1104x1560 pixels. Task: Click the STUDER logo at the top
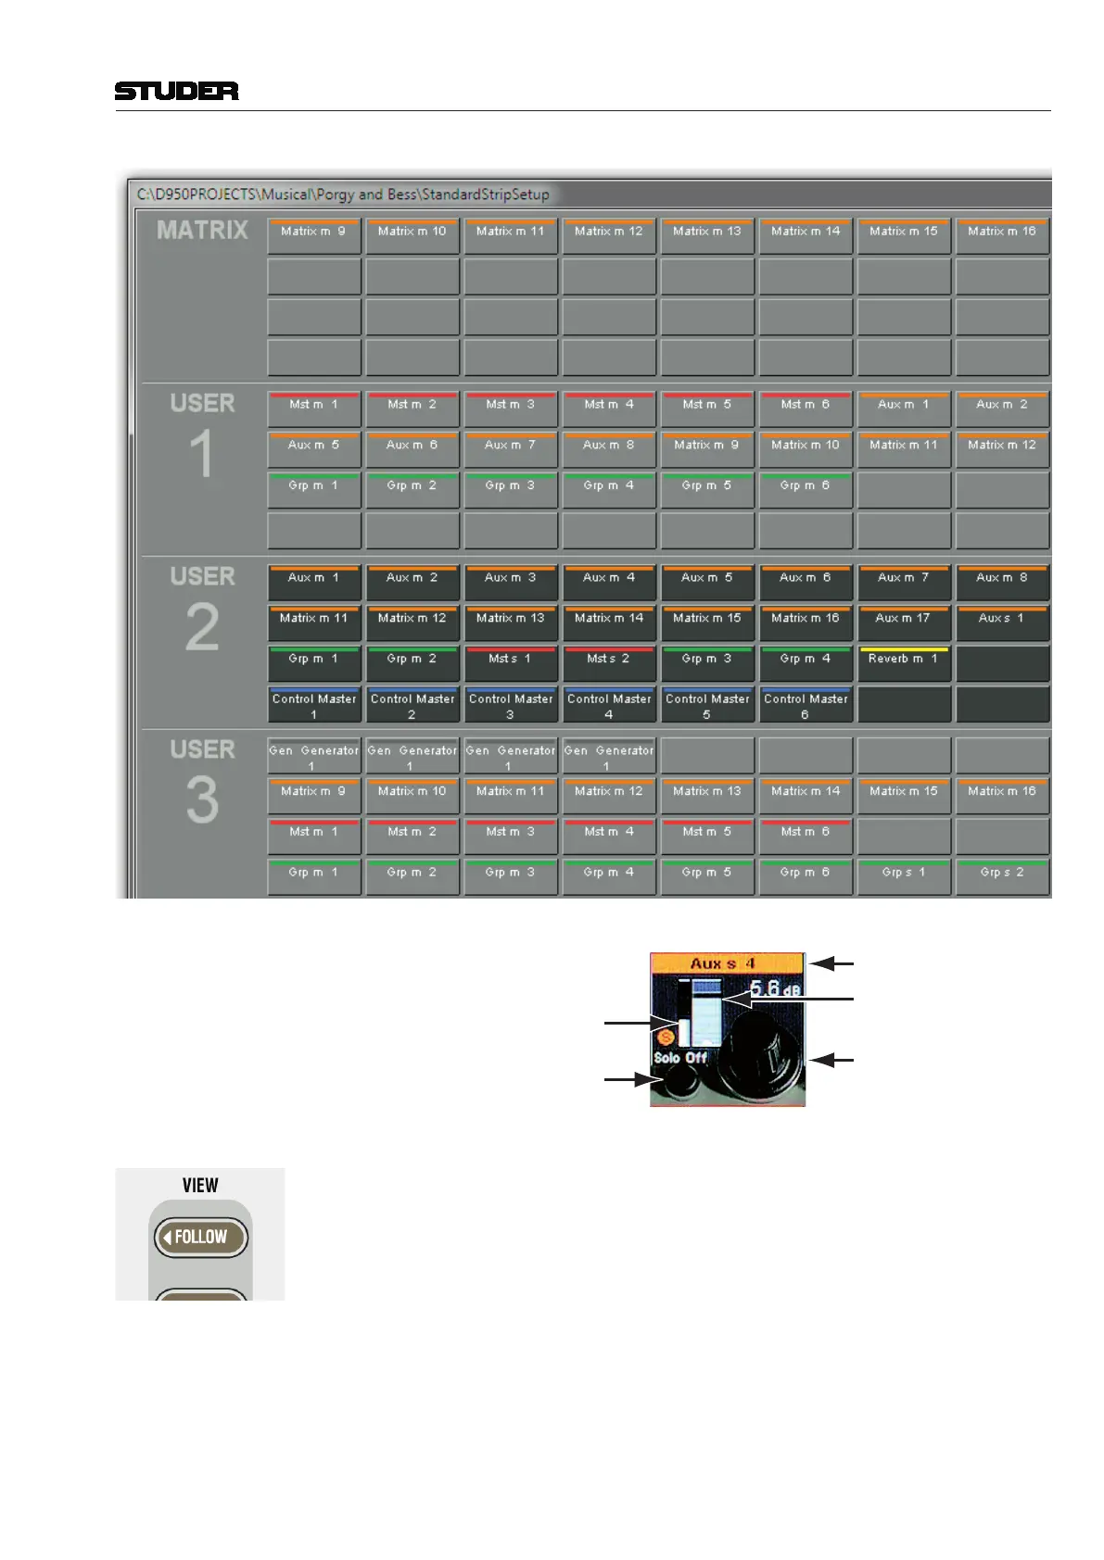pyautogui.click(x=176, y=91)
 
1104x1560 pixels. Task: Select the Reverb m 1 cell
pyautogui.click(x=903, y=662)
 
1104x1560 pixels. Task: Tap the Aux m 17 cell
pyautogui.click(x=903, y=622)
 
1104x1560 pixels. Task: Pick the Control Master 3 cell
pyautogui.click(x=510, y=704)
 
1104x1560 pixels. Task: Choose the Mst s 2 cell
pyautogui.click(x=608, y=662)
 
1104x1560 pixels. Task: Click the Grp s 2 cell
pyautogui.click(x=1001, y=875)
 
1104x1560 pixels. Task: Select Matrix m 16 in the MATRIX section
pyautogui.click(x=1001, y=234)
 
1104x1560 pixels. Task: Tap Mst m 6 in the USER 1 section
pyautogui.click(x=805, y=408)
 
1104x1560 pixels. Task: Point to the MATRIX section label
pyautogui.click(x=202, y=230)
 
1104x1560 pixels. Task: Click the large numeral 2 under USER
pyautogui.click(x=202, y=627)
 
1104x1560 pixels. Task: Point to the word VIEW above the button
pyautogui.click(x=200, y=1185)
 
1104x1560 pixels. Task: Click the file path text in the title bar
pyautogui.click(x=343, y=195)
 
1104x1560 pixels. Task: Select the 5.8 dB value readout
pyautogui.click(x=774, y=988)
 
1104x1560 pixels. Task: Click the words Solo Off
pyautogui.click(x=680, y=1057)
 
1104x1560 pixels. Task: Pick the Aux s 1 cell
pyautogui.click(x=1001, y=622)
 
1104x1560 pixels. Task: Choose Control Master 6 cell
pyautogui.click(x=805, y=704)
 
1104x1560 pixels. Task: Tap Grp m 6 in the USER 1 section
pyautogui.click(x=805, y=488)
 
